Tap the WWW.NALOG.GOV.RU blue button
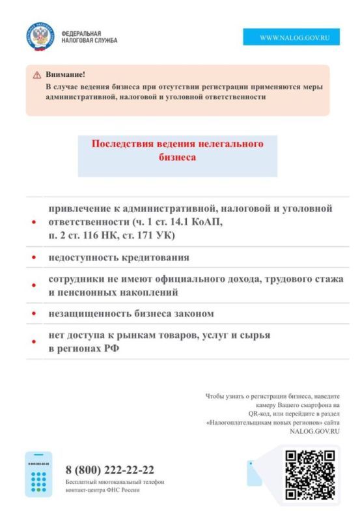[291, 38]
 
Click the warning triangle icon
[37, 76]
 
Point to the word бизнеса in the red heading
[177, 158]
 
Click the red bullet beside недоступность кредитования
[34, 258]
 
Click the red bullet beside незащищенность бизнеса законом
[34, 315]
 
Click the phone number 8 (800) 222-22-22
[110, 470]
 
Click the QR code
[310, 475]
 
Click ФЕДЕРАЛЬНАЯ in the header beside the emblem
[81, 33]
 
